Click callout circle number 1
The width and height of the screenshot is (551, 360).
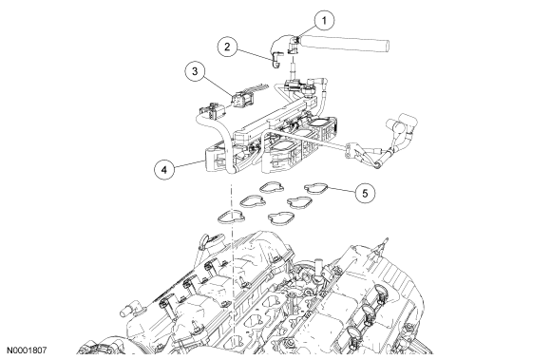point(324,20)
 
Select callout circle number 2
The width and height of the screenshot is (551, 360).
point(227,47)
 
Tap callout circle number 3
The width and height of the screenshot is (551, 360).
point(195,71)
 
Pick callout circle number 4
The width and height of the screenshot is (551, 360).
point(164,170)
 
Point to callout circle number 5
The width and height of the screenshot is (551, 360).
point(365,193)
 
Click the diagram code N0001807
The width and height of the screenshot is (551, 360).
point(27,351)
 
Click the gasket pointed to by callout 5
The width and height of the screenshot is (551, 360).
point(315,188)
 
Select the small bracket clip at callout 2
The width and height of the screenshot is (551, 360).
point(276,59)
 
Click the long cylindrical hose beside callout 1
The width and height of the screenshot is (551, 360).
point(344,43)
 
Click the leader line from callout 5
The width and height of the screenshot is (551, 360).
point(341,190)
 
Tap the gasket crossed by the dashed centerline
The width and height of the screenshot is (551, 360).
point(231,218)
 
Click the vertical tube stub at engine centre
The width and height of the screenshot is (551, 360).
point(319,268)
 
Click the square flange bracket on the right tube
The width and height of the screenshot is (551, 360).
point(352,151)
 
